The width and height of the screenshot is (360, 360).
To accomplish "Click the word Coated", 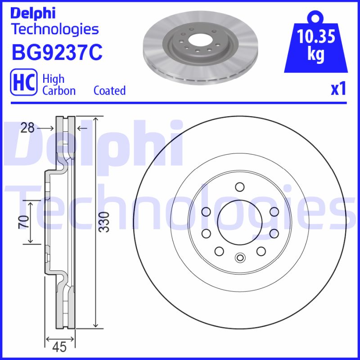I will [x=109, y=90].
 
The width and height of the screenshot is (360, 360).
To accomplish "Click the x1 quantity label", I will [x=338, y=89].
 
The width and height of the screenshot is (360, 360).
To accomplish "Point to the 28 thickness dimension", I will [x=27, y=128].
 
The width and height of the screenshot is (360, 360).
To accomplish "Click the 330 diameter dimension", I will [x=104, y=221].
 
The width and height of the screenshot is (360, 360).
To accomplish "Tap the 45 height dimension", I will [x=59, y=347].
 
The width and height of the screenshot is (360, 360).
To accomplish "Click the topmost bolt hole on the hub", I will [x=239, y=187].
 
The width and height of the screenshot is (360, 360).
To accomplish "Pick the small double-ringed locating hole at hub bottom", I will [x=239, y=258].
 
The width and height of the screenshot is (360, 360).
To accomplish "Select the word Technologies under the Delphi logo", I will [x=54, y=29].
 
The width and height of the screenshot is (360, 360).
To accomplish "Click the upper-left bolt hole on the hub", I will [x=206, y=211].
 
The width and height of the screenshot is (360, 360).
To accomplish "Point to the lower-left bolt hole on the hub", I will [x=219, y=251].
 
